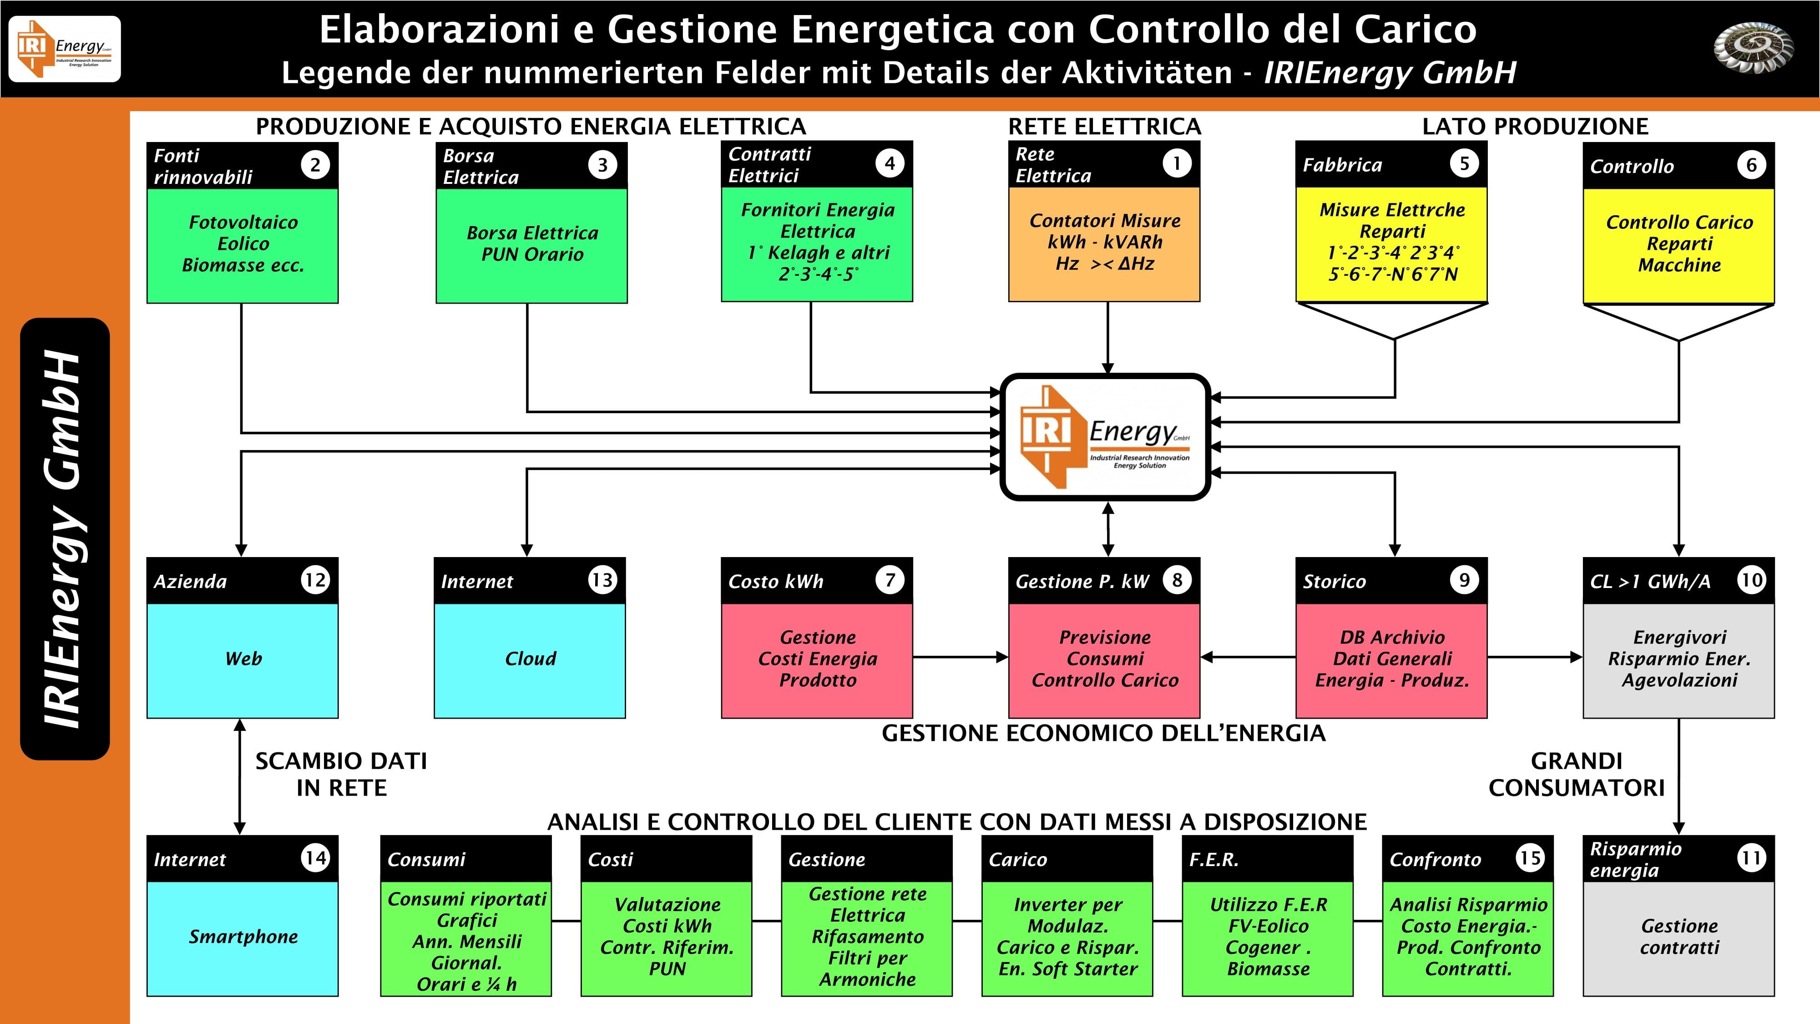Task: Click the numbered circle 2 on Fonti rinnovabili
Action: coord(315,165)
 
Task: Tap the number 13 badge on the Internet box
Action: coord(602,580)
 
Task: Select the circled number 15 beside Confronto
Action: coord(1530,858)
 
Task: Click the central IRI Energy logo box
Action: coord(1106,437)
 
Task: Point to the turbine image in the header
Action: coord(1753,48)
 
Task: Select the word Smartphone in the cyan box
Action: coord(243,937)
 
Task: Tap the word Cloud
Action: coord(530,659)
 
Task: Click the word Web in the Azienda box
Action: coord(243,659)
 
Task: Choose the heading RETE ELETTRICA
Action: coord(1104,127)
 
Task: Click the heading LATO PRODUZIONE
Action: coord(1535,127)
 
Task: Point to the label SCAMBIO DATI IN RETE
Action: coord(341,775)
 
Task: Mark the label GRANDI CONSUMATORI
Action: coord(1576,775)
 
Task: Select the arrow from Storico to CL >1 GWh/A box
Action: coord(1535,657)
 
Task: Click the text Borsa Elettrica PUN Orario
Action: coord(532,244)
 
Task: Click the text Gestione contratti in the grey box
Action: coord(1678,937)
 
